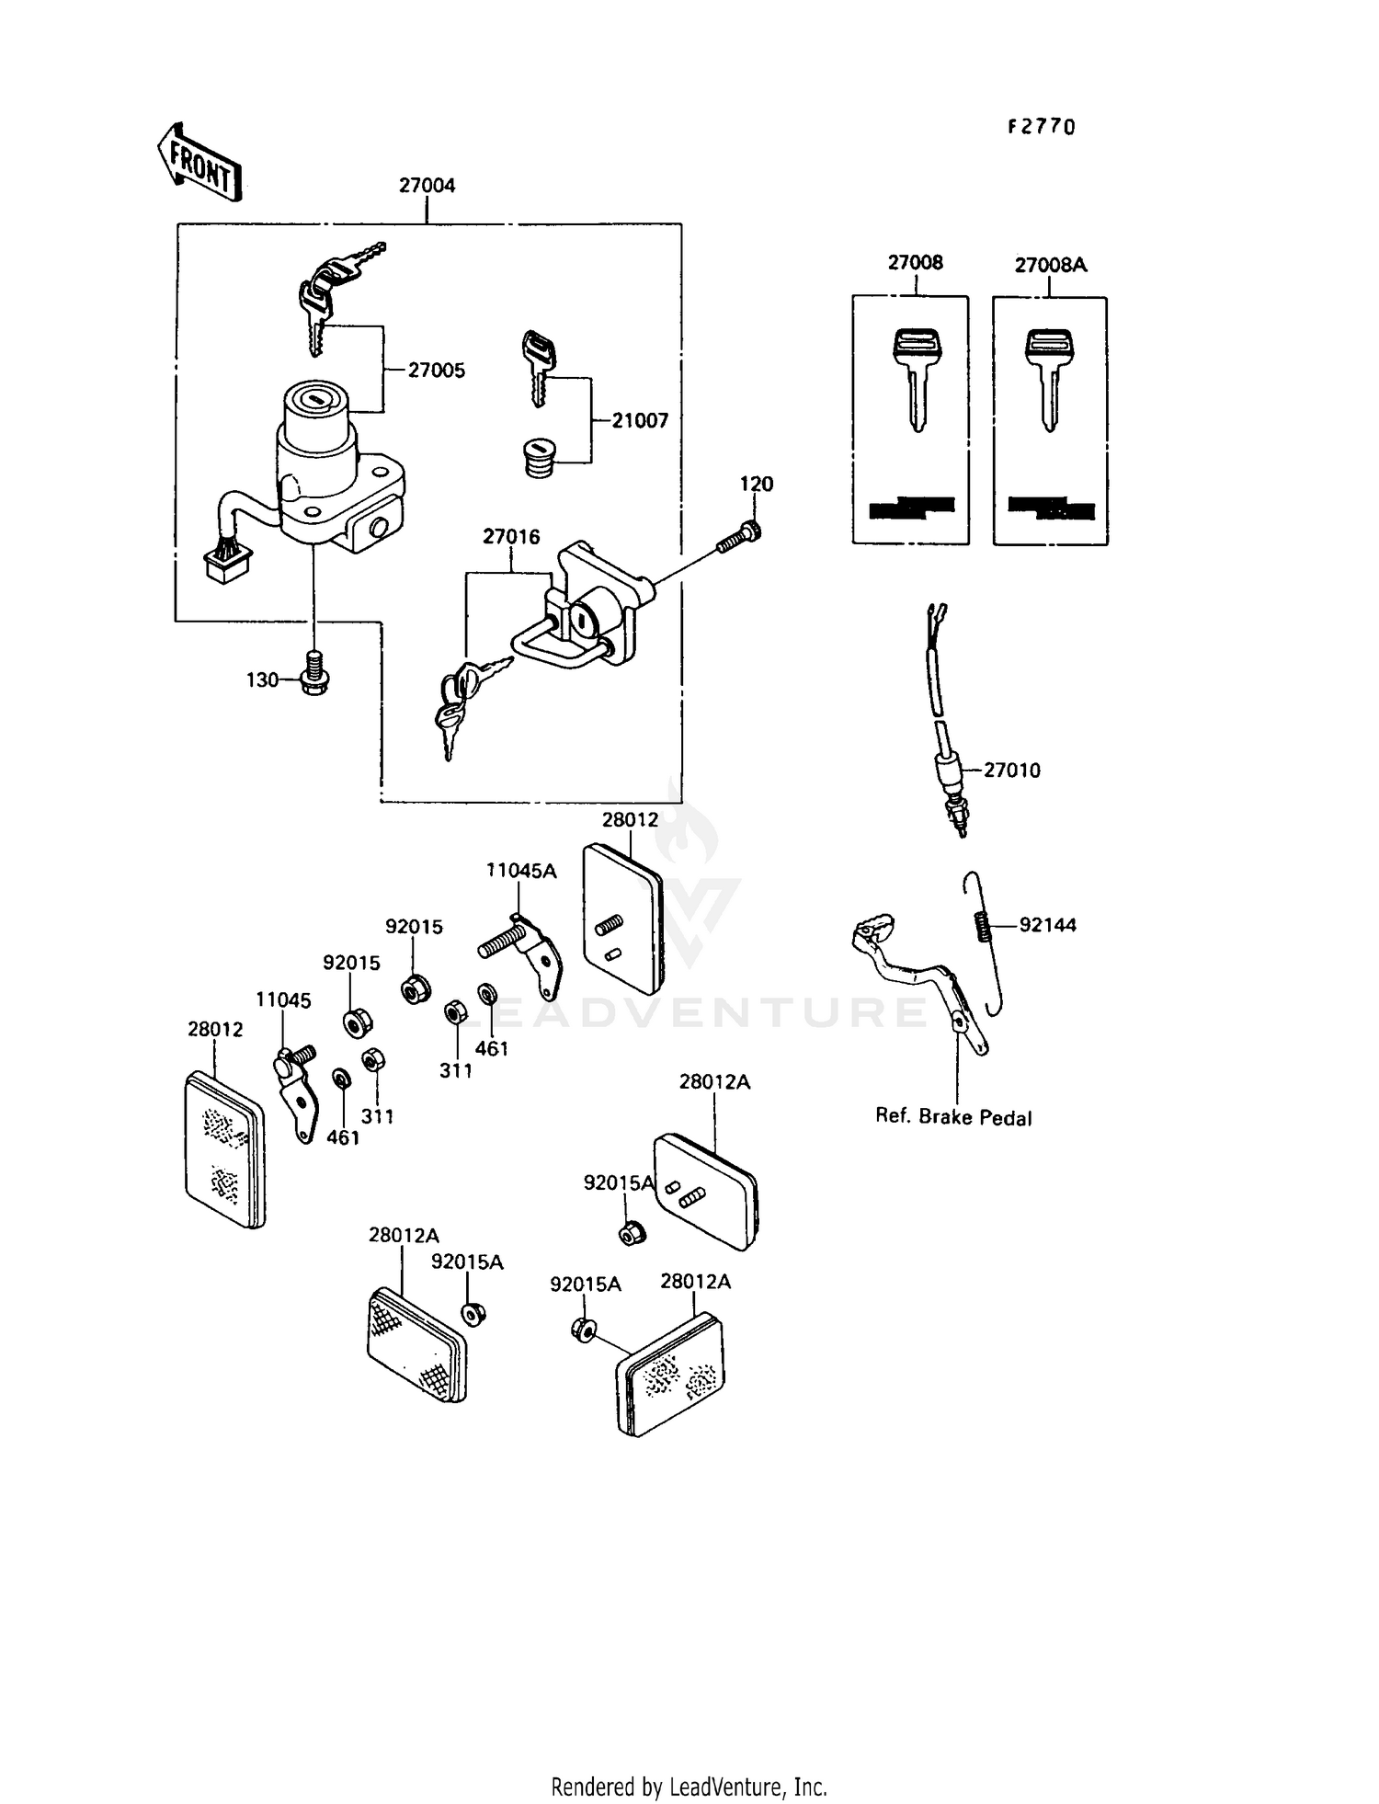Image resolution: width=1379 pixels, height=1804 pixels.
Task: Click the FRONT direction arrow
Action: pos(197,164)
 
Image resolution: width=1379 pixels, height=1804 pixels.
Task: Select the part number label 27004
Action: pos(427,186)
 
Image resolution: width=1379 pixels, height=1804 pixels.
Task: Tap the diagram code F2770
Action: pos(1041,128)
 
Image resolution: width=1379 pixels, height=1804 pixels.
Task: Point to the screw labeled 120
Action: pos(738,537)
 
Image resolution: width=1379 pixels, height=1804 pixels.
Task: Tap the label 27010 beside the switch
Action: pos(1011,771)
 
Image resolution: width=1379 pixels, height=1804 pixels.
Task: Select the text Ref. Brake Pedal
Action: pos(953,1117)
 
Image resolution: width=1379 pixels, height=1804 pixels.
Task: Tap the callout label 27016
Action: pos(511,537)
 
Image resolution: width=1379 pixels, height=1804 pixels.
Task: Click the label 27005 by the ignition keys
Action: pos(437,371)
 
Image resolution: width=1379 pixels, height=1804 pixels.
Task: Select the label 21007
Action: pos(640,421)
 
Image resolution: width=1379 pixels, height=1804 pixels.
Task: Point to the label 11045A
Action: pos(521,871)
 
